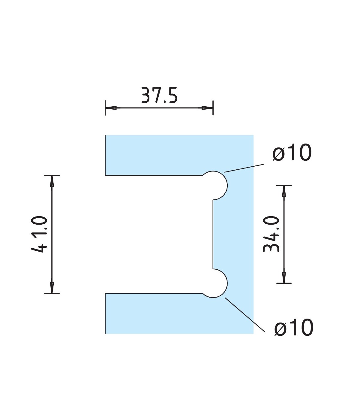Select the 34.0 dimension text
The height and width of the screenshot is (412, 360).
click(x=271, y=234)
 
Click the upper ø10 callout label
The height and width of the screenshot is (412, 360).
click(x=292, y=153)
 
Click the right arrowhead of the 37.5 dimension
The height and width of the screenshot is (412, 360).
click(x=208, y=108)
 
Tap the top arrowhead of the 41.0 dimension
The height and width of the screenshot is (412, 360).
click(x=52, y=180)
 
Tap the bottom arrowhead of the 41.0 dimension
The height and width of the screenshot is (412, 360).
click(x=52, y=287)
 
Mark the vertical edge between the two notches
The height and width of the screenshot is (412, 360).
click(x=213, y=234)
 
